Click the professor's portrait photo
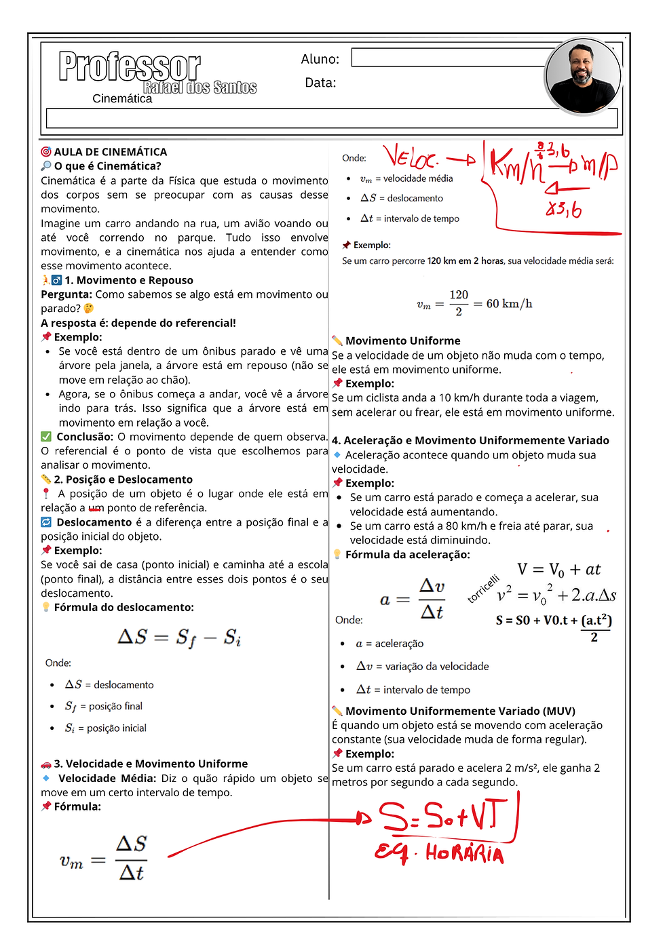tap(583, 76)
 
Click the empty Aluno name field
tap(448, 58)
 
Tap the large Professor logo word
tap(130, 66)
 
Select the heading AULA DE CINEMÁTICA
tap(110, 152)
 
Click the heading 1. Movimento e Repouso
tap(128, 280)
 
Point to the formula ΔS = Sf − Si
tap(179, 638)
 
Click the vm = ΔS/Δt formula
tap(102, 859)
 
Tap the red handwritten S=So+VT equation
tap(443, 816)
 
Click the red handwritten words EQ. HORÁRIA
tap(440, 853)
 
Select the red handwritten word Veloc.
tap(411, 158)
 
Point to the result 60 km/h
tap(509, 304)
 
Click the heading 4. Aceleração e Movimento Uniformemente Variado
tap(470, 440)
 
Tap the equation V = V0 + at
tap(558, 570)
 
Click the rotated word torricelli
tap(483, 588)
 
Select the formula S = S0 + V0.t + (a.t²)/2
tap(554, 623)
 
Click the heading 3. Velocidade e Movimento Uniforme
tap(151, 764)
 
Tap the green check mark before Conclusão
tap(46, 437)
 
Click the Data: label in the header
tap(320, 83)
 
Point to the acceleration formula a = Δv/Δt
tap(413, 599)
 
